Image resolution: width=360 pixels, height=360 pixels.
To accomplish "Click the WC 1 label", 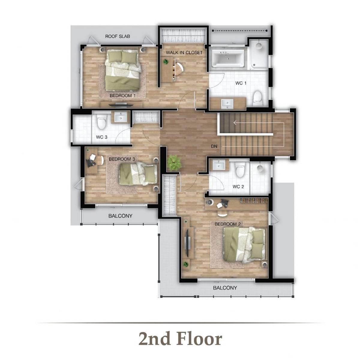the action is click(241, 83).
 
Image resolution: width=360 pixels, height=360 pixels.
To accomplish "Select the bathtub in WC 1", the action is click(227, 57).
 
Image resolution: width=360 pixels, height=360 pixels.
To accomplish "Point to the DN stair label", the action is click(214, 146).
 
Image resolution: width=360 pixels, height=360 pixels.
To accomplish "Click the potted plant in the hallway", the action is click(174, 163).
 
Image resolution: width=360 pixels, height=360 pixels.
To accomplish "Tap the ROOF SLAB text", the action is click(118, 36).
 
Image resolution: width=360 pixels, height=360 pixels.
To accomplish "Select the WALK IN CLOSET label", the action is click(184, 52).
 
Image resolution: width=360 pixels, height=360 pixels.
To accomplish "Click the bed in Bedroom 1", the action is click(123, 70).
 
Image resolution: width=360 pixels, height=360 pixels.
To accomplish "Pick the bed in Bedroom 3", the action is click(138, 174).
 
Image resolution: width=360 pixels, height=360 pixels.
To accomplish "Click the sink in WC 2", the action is click(219, 165).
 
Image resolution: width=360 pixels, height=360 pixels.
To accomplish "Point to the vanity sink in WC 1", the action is click(227, 104).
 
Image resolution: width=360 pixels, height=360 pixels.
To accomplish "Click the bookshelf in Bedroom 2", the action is click(254, 201).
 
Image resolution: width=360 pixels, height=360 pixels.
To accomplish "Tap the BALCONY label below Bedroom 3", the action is click(120, 216).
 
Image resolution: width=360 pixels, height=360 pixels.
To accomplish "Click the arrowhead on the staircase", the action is click(235, 123).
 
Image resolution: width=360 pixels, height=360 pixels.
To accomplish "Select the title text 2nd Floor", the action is click(180, 339).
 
